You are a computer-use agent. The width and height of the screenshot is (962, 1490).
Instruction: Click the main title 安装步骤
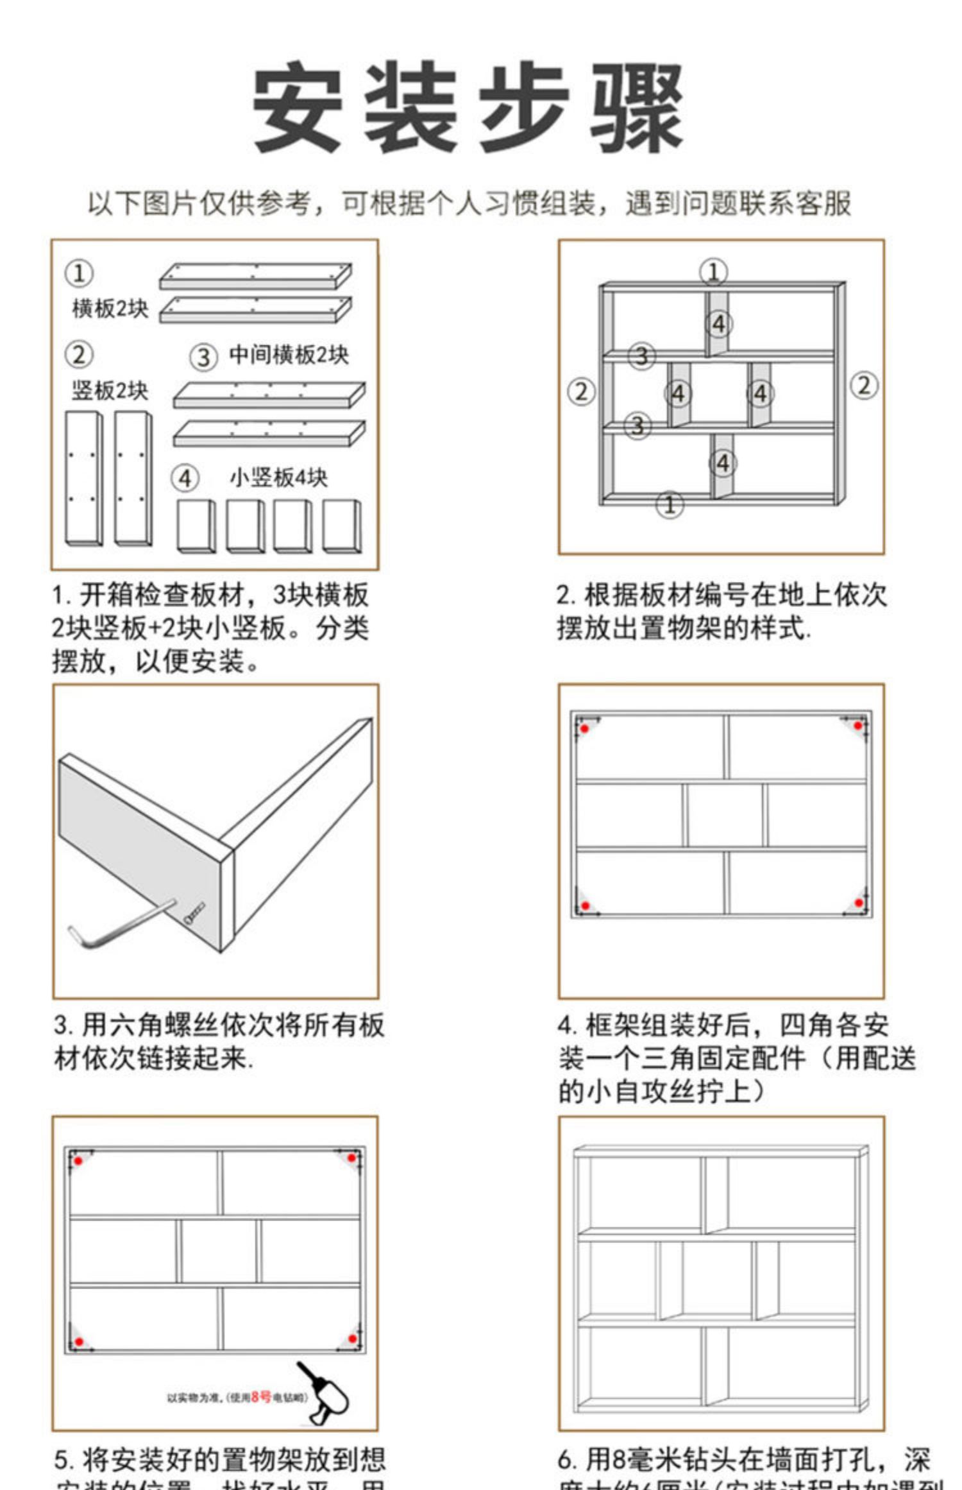(468, 107)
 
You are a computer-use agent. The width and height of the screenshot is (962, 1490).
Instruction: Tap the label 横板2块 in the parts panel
(110, 309)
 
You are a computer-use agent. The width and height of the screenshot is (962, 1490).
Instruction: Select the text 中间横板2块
(289, 355)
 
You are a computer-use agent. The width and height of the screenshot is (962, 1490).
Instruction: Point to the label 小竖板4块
(278, 477)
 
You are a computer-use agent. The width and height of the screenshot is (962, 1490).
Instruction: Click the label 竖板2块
(110, 390)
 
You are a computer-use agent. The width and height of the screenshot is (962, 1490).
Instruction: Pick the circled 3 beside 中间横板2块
(203, 357)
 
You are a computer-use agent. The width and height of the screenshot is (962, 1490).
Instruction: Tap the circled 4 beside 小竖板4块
(185, 479)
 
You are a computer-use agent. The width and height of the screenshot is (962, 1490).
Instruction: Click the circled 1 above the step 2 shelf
(713, 272)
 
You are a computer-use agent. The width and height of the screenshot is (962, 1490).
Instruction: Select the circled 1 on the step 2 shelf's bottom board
(670, 504)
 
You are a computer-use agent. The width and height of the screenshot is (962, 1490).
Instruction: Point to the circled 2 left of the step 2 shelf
(581, 391)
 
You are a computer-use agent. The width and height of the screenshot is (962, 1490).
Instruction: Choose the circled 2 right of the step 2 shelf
(863, 386)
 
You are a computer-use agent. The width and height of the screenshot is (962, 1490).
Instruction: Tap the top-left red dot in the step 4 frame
(584, 729)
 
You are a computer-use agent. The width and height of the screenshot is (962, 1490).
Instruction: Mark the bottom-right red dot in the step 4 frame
(859, 903)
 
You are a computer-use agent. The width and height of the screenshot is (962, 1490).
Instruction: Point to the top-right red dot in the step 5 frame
(351, 1158)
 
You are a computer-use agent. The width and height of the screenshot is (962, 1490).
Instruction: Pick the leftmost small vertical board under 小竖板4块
(196, 526)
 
